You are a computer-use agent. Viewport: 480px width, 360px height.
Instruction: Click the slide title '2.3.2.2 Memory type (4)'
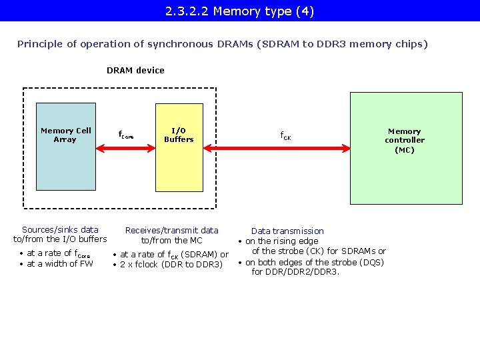[x=239, y=11]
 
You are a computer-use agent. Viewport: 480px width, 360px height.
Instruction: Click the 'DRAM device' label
[x=135, y=70]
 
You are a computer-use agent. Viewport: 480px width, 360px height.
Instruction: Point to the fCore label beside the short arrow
[x=126, y=135]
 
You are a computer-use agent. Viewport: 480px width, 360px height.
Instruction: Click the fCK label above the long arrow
[x=285, y=136]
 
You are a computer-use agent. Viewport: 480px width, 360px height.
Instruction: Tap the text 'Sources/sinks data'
[x=60, y=229]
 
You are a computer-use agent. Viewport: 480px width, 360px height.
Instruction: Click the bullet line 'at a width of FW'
[x=59, y=263]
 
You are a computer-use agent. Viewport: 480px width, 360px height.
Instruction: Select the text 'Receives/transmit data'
[x=171, y=231]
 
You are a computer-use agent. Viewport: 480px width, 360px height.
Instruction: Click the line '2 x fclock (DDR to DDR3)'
[x=171, y=265]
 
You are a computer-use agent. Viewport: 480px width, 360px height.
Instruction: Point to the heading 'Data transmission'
[x=287, y=231]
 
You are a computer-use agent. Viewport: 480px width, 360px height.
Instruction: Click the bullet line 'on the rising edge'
[x=281, y=241]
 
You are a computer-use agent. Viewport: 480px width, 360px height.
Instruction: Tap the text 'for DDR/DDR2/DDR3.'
[x=295, y=271]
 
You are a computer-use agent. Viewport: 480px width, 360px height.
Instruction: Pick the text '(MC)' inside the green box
[x=404, y=150]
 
